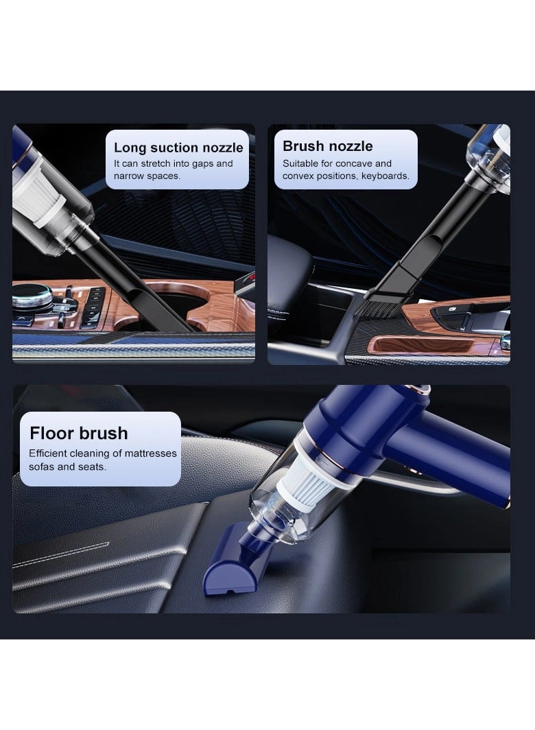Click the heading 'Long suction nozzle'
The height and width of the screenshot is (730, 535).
[178, 148]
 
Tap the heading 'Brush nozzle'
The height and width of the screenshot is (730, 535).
[328, 146]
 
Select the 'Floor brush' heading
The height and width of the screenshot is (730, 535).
[78, 433]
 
